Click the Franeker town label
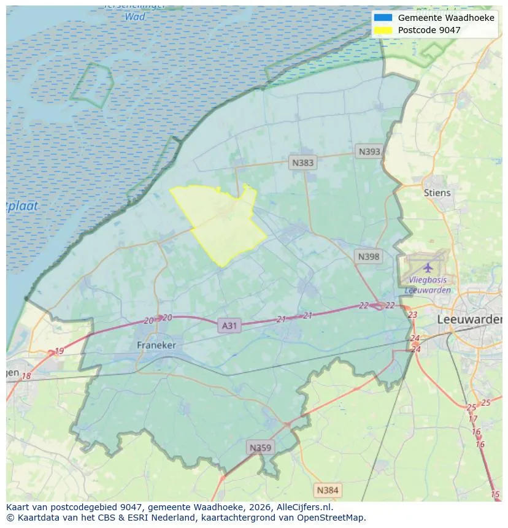[156, 345]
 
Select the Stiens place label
[437, 193]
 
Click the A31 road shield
[229, 326]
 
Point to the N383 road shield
[302, 163]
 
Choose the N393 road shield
[369, 151]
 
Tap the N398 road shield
[368, 257]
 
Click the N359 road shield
[259, 448]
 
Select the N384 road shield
[327, 490]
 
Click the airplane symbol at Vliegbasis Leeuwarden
[428, 267]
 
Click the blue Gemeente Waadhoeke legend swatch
[383, 18]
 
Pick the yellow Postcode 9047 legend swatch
[383, 29]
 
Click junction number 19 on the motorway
[59, 351]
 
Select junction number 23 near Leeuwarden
[412, 315]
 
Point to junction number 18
[26, 376]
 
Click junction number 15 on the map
[495, 494]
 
